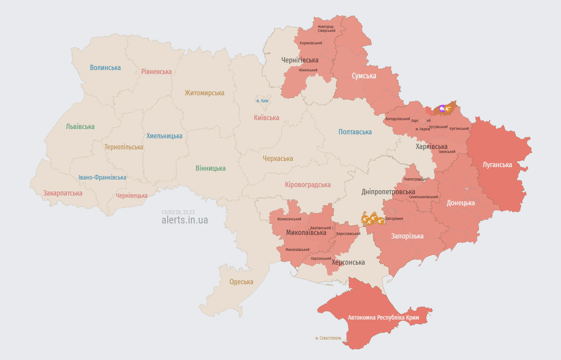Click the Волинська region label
[105, 68]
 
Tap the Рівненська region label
[156, 71]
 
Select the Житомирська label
[204, 93]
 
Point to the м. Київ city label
[262, 101]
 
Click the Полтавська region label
[355, 132]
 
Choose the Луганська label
[497, 165]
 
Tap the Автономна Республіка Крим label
[383, 318]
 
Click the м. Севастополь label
[328, 338]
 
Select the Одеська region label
[241, 282]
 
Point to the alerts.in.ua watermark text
[184, 220]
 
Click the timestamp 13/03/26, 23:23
[178, 212]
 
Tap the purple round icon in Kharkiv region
[442, 108]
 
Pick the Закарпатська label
[63, 193]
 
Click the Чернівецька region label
[132, 196]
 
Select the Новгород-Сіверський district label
[326, 29]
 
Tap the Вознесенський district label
[289, 219]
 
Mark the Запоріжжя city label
[394, 219]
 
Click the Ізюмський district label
[447, 152]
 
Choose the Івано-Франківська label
[102, 177]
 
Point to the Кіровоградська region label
[308, 185]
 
